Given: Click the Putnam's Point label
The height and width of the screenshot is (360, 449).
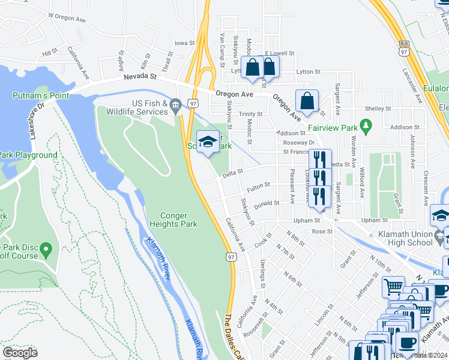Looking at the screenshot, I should click(x=41, y=95).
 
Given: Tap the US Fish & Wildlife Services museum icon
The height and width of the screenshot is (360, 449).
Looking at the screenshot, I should click(x=175, y=107).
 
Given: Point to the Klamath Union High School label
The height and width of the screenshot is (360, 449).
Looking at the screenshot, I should click(x=402, y=238).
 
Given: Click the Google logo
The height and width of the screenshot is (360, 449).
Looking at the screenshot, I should click(x=20, y=352).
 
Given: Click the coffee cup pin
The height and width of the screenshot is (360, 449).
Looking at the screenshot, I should click(x=408, y=344).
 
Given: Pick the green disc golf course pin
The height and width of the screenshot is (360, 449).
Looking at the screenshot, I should click(x=47, y=248).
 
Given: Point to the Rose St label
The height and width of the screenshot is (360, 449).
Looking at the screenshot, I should click(x=322, y=231).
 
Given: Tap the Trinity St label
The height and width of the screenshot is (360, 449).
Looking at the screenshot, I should click(x=251, y=113).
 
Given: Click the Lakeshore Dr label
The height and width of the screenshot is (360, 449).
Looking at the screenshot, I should click(x=35, y=122).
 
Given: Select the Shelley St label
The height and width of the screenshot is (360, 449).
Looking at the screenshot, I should click(x=378, y=109).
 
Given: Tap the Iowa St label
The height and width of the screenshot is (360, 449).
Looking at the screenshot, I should click(x=184, y=43).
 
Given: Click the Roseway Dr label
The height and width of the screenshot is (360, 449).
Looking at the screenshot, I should click(x=303, y=143).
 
